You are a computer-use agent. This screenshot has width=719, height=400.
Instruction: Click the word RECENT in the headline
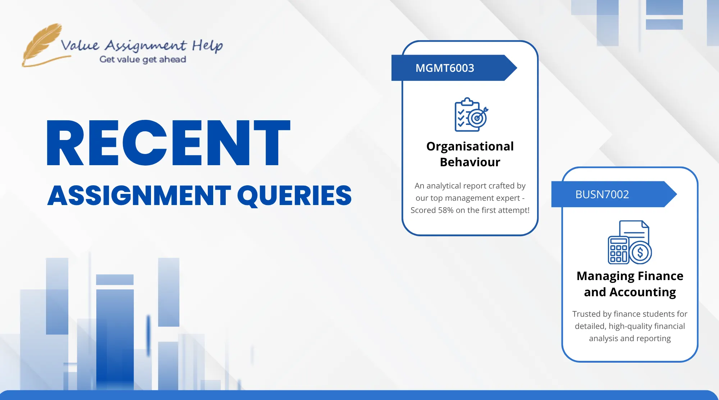click(x=168, y=143)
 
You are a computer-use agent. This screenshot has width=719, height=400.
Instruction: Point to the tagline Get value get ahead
click(x=143, y=59)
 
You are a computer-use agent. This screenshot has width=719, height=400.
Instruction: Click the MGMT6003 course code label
click(x=445, y=68)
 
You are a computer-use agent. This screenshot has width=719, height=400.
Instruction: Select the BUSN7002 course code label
click(x=602, y=194)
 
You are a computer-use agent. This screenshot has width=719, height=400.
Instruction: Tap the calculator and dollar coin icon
click(x=630, y=242)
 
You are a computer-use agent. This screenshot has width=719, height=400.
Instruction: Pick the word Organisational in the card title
click(x=470, y=146)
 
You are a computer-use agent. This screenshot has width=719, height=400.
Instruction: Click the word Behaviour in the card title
click(x=470, y=162)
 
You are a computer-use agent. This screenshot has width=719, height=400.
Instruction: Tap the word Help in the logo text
click(x=207, y=46)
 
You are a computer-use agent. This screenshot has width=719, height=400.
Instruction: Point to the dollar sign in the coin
click(x=640, y=253)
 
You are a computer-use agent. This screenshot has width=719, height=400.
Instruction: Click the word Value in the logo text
click(x=80, y=45)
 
